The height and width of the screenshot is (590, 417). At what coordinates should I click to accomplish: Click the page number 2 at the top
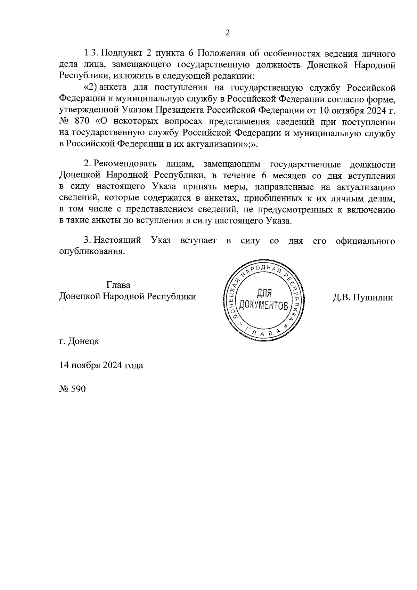click(x=227, y=33)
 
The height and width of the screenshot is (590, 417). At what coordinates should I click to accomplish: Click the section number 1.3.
click(x=91, y=54)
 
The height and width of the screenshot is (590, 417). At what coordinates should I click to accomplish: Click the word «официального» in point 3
click(x=365, y=241)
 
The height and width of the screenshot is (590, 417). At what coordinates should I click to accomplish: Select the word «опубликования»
click(x=91, y=252)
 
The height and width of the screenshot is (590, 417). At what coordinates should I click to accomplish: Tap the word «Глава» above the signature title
click(x=118, y=285)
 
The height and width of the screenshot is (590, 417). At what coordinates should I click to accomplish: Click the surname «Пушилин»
click(x=374, y=297)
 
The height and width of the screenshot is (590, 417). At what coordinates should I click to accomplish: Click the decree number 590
click(x=78, y=389)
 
